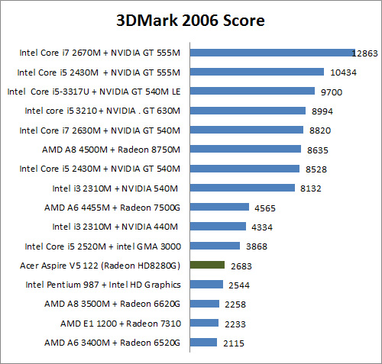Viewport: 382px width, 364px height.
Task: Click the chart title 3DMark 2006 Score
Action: pyautogui.click(x=190, y=21)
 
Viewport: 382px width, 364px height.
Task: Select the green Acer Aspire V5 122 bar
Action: pyautogui.click(x=206, y=265)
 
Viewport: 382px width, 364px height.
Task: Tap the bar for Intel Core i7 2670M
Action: pyautogui.click(x=271, y=53)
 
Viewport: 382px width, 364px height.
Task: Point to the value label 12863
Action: pyautogui.click(x=365, y=53)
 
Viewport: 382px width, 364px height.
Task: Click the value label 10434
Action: pyautogui.click(x=342, y=72)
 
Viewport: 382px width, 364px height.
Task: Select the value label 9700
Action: pyautogui.click(x=332, y=92)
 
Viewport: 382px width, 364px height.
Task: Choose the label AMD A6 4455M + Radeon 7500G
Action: pyautogui.click(x=112, y=207)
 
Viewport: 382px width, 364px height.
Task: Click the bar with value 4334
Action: pyautogui.click(x=218, y=227)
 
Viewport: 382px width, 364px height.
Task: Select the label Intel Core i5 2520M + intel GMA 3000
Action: pyautogui.click(x=102, y=246)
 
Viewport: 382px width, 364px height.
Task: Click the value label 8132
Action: pyautogui.click(x=312, y=188)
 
